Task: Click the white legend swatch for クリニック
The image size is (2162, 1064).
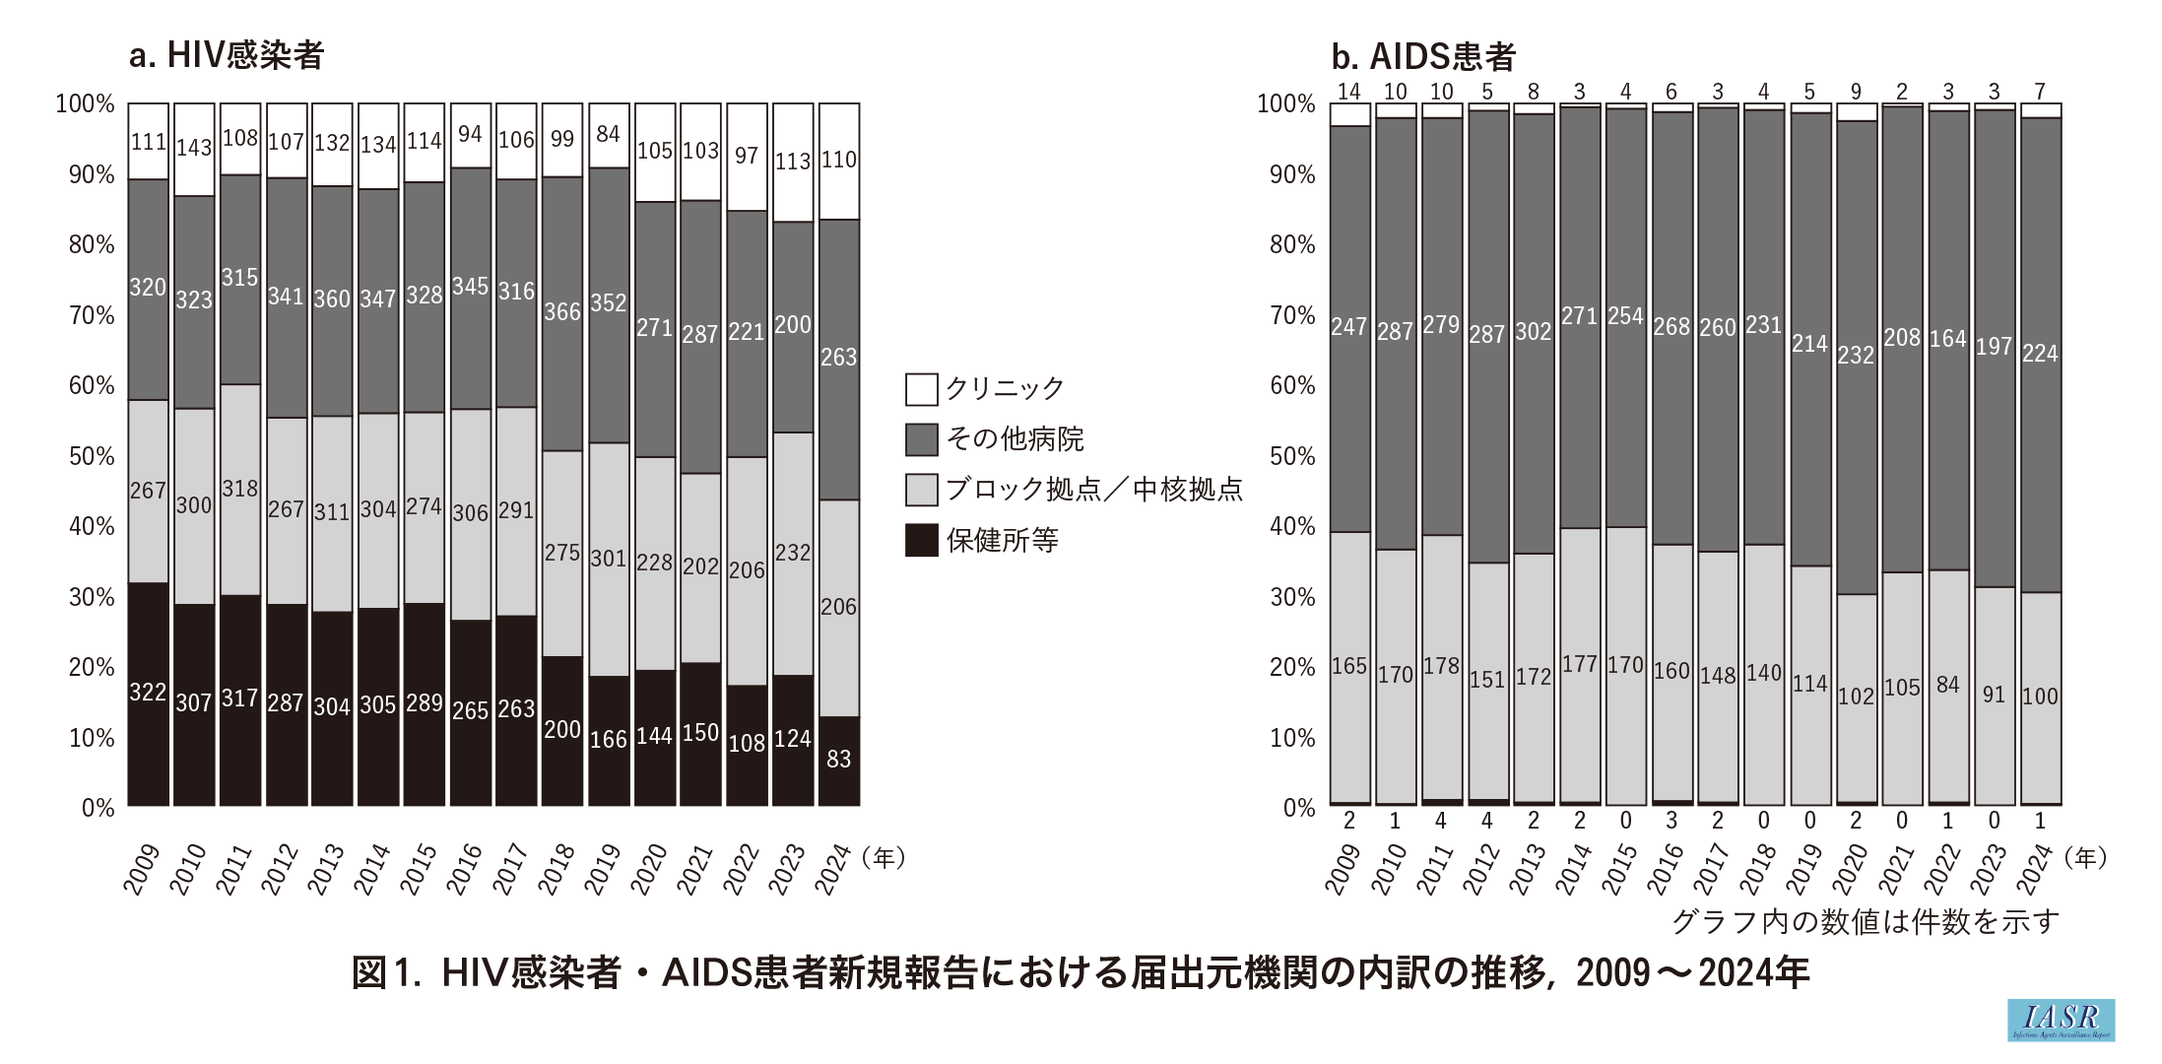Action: point(921,389)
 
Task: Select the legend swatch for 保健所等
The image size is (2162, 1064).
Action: point(921,540)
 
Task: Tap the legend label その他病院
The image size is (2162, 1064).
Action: point(1015,439)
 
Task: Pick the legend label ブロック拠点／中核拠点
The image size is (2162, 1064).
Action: point(1094,490)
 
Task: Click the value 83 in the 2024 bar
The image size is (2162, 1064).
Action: point(838,759)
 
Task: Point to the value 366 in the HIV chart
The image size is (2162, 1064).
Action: point(562,312)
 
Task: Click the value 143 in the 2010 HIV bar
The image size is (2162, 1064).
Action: point(194,148)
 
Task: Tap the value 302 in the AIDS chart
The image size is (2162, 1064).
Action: point(1533,332)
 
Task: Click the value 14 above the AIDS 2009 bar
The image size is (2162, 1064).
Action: point(1349,92)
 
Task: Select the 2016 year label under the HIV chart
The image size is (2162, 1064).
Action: point(467,868)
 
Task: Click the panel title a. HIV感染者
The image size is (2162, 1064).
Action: point(227,56)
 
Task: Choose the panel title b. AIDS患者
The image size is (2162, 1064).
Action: point(1422,57)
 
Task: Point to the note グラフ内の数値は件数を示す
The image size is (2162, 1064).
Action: point(1866,922)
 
